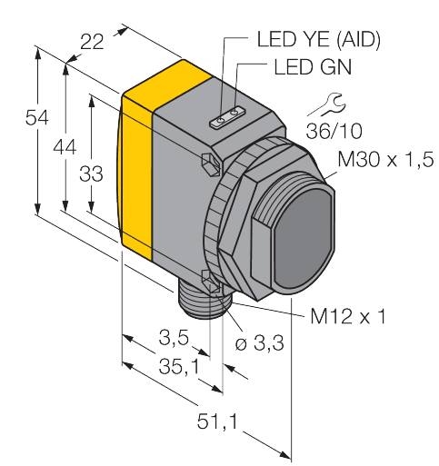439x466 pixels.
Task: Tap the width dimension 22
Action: [x=93, y=40]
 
